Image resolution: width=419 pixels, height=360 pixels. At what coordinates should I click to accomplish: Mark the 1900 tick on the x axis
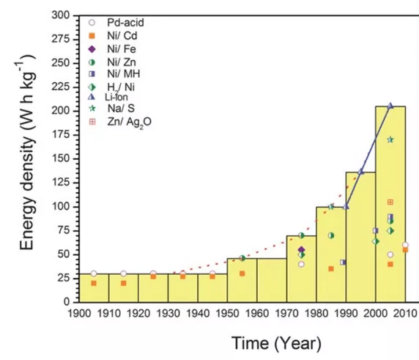(x=79, y=312)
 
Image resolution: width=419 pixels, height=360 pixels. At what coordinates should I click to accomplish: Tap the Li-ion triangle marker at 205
(x=390, y=106)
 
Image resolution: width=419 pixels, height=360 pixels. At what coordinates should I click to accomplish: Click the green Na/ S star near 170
(x=390, y=139)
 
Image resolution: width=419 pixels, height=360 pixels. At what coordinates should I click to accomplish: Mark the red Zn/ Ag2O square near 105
(x=390, y=202)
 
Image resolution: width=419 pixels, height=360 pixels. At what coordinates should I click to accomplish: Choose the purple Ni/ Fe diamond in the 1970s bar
(x=301, y=250)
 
